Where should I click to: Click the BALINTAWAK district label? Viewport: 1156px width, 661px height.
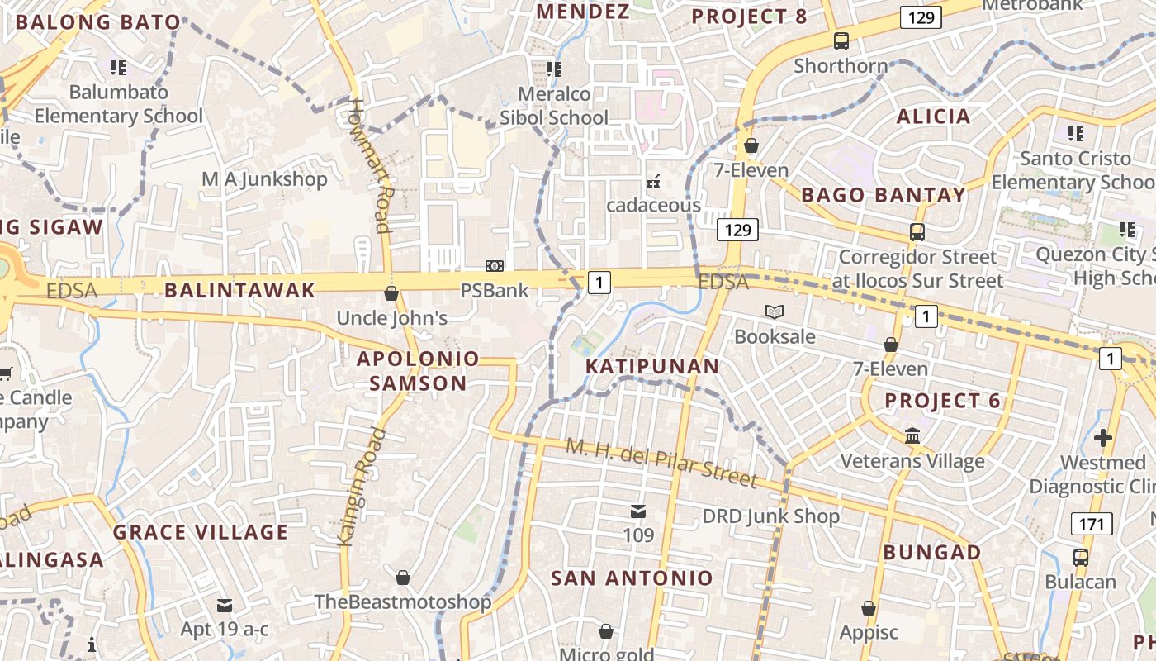(239, 290)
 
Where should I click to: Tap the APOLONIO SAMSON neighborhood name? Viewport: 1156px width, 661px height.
(418, 371)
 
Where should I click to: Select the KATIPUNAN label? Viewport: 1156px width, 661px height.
(652, 366)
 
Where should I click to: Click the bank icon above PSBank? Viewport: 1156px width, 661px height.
(494, 265)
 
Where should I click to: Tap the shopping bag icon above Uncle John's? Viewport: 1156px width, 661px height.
(391, 293)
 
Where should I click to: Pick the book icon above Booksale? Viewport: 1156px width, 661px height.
(774, 311)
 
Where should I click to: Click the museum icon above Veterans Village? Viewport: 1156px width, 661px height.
(912, 435)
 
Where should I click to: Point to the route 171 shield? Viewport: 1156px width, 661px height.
(1092, 523)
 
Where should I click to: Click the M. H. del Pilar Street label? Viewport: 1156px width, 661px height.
(661, 462)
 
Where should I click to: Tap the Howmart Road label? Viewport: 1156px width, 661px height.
(370, 165)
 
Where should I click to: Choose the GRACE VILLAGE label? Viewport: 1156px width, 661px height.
(201, 532)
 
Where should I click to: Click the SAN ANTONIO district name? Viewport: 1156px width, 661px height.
(632, 578)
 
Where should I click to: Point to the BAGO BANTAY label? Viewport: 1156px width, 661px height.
(883, 196)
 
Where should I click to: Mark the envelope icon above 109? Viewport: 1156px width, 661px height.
(637, 511)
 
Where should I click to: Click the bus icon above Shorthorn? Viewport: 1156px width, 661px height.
(841, 40)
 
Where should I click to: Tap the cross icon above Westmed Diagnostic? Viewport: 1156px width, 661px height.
(1102, 437)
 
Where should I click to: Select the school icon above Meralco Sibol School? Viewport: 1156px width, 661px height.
(553, 69)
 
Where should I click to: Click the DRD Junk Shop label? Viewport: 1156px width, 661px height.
(770, 516)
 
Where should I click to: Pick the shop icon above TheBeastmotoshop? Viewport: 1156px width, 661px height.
(402, 577)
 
